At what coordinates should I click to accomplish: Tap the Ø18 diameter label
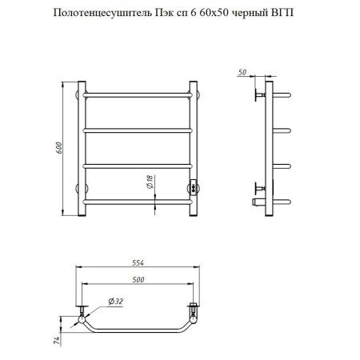pyautogui.click(x=150, y=184)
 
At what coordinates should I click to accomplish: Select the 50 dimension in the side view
pyautogui.click(x=242, y=71)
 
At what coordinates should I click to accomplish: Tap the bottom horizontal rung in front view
pyautogui.click(x=137, y=202)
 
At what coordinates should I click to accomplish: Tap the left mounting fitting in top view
pyautogui.click(x=82, y=311)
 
